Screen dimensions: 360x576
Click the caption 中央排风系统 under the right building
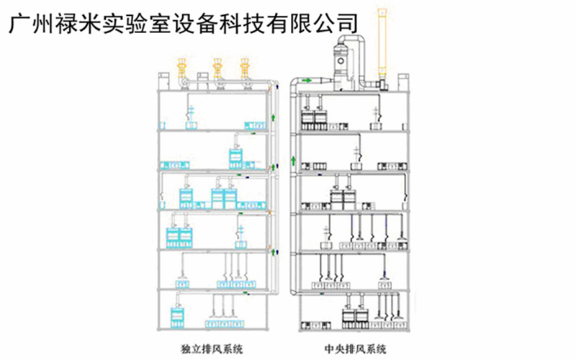358,349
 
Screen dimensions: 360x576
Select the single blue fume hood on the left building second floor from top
237,156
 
